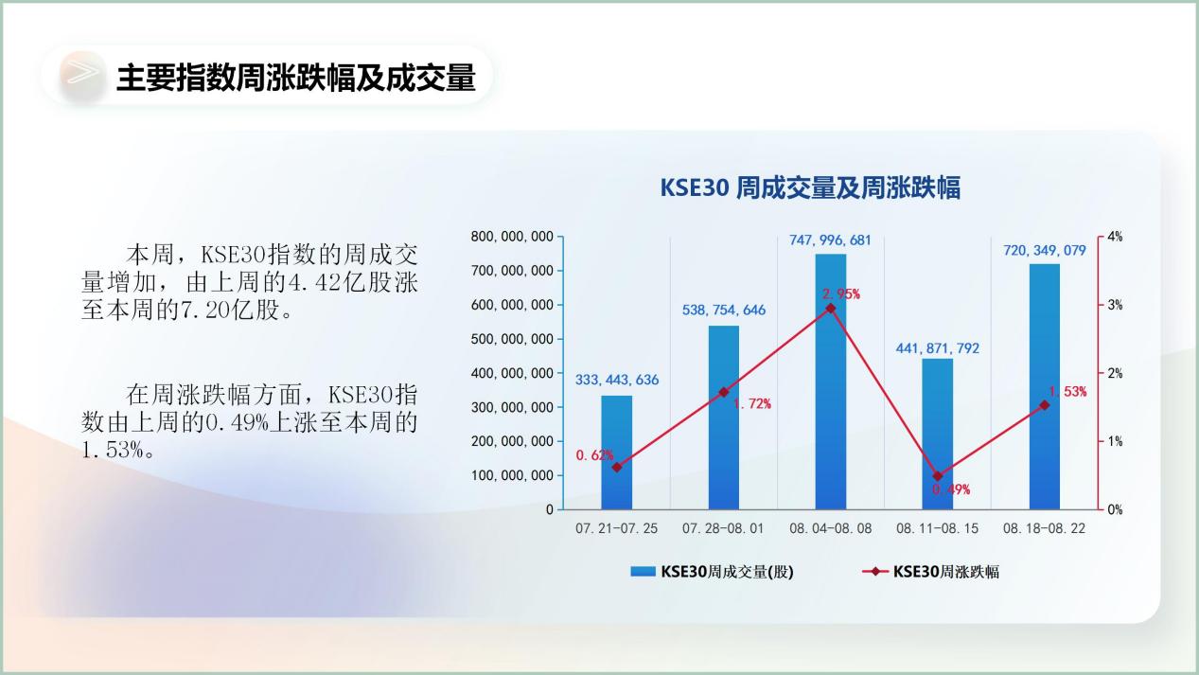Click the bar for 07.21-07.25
617,453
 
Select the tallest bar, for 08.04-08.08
831,382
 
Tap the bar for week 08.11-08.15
937,435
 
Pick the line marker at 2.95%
831,309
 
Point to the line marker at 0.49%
937,476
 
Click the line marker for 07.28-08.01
724,392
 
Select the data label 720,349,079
1045,251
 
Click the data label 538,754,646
724,310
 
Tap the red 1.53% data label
1067,392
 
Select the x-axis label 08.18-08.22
1045,529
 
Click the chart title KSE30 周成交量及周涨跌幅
810,187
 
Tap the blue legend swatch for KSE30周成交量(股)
643,572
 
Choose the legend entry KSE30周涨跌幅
930,572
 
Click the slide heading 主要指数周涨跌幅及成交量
296,78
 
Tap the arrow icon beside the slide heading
83,73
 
